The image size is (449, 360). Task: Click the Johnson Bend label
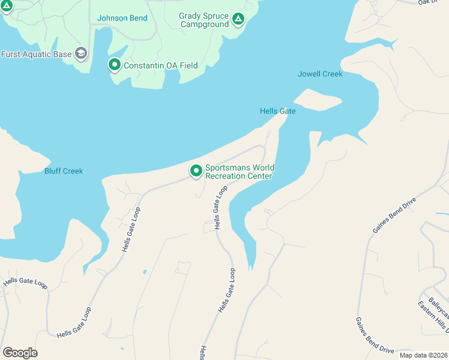(122, 18)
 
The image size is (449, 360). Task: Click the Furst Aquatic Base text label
(36, 54)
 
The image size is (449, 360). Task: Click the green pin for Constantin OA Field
(114, 64)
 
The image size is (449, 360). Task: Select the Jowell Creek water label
(320, 74)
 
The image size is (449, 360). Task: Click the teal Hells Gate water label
(277, 111)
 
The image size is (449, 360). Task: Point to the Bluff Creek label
(64, 171)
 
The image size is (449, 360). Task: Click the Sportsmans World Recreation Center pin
(196, 171)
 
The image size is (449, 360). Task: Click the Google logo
(20, 353)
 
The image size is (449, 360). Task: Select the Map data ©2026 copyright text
(423, 355)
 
